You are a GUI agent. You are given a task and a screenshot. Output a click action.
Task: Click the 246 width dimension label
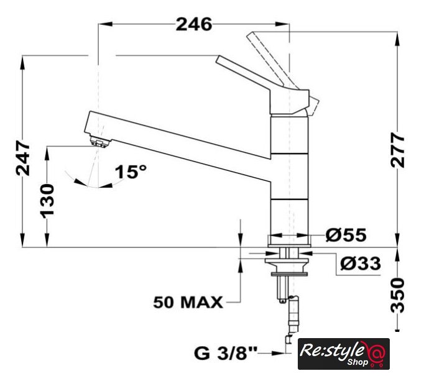(194, 24)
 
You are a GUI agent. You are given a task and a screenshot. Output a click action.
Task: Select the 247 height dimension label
(23, 158)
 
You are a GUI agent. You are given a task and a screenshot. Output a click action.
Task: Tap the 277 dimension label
(397, 150)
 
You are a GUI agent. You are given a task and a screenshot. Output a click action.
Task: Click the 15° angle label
(131, 172)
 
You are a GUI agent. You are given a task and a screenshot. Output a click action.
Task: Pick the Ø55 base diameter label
(346, 235)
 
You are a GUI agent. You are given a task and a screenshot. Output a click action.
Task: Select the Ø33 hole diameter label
(361, 263)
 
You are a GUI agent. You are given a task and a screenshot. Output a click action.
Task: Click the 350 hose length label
(398, 295)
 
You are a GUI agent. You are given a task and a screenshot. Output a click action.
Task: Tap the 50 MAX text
(188, 302)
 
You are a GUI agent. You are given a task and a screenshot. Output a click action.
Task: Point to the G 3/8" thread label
(226, 353)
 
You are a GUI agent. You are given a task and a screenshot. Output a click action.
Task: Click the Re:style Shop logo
(344, 354)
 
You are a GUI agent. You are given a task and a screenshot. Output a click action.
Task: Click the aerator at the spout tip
(99, 142)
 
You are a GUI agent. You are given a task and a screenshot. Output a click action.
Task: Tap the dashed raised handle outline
(283, 73)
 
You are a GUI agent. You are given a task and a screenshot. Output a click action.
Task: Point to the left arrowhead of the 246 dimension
(106, 24)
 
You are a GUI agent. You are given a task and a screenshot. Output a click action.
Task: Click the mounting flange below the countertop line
(287, 264)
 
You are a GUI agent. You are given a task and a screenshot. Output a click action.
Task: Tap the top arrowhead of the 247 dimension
(23, 63)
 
